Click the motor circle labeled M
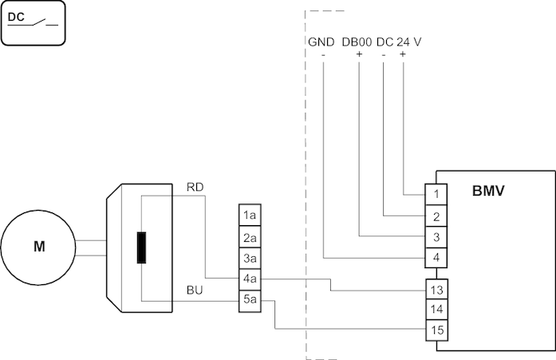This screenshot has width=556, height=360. click(38, 247)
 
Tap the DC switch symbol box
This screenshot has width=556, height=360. click(34, 22)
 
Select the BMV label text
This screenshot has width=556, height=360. click(487, 192)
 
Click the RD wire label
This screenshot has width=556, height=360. click(195, 188)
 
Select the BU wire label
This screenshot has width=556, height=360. click(195, 291)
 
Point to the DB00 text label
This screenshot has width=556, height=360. click(357, 42)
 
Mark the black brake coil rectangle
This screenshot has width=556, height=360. click(141, 247)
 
